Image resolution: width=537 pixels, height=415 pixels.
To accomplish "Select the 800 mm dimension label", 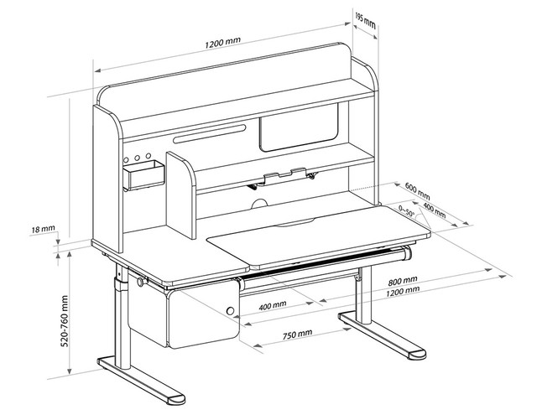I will [x=403, y=280].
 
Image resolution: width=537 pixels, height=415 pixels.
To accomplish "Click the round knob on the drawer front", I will [x=230, y=313].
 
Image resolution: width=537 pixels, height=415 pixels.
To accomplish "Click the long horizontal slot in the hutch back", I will [x=210, y=134].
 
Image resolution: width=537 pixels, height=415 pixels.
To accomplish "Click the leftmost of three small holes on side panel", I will [x=125, y=158].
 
